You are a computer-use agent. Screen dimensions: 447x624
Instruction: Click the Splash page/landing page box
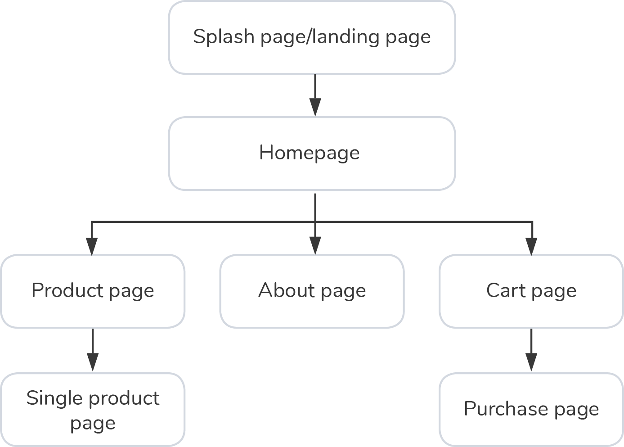[x=312, y=37]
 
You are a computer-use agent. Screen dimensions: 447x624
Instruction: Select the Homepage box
[x=312, y=154]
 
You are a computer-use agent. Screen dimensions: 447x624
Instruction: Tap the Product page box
[x=93, y=291]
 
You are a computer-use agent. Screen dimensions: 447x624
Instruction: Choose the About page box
[x=312, y=291]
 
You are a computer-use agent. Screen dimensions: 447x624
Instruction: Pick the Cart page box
[x=531, y=291]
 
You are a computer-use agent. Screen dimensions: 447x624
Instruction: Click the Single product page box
[x=93, y=410]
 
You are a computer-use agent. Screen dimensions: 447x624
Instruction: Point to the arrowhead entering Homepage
[x=315, y=108]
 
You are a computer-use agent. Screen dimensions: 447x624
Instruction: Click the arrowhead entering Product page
[x=92, y=246]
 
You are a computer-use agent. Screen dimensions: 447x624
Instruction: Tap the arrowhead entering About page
[x=315, y=246]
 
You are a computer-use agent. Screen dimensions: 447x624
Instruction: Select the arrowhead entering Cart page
[x=532, y=246]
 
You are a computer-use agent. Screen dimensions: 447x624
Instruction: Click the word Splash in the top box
[x=224, y=36]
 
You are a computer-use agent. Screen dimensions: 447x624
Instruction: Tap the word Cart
[x=506, y=290]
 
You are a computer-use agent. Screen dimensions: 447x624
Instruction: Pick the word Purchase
[x=505, y=409]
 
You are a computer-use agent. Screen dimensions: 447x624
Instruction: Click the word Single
[x=54, y=398]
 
